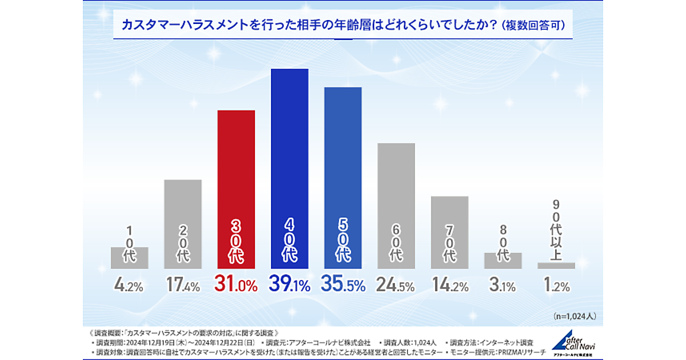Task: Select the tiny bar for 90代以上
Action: (x=556, y=266)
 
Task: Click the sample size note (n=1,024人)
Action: (x=574, y=315)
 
